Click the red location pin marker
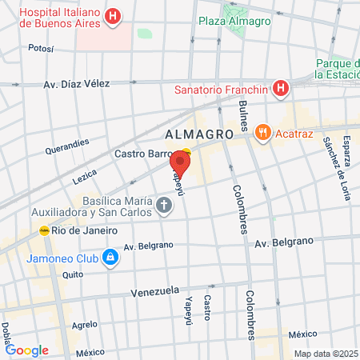pos(179,165)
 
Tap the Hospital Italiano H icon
pos(114,16)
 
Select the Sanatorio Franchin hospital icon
pos(280,89)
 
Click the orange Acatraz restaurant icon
pos(262,132)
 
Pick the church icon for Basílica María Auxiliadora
pos(164,207)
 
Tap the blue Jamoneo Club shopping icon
pos(110,258)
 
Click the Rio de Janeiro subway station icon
pos(44,230)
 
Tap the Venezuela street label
pos(154,293)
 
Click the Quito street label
pos(73,274)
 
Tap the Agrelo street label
pos(85,325)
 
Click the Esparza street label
pos(346,150)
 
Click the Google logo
pos(27,350)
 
